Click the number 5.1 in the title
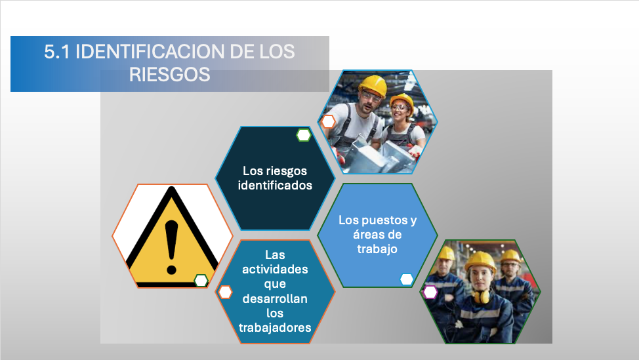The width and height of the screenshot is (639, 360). pyautogui.click(x=57, y=52)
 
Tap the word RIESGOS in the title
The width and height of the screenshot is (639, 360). pyautogui.click(x=169, y=75)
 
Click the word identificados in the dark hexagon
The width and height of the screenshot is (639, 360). pyautogui.click(x=275, y=186)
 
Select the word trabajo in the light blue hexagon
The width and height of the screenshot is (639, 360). pyautogui.click(x=377, y=249)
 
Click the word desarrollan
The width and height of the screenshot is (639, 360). pyautogui.click(x=275, y=298)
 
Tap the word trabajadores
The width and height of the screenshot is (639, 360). pyautogui.click(x=275, y=327)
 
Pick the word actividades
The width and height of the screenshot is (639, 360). pyautogui.click(x=275, y=270)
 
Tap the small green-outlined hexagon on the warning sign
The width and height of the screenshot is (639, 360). pyautogui.click(x=201, y=281)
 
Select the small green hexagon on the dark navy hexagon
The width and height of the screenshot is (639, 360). pyautogui.click(x=304, y=135)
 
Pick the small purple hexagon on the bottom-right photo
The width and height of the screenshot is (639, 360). pyautogui.click(x=430, y=292)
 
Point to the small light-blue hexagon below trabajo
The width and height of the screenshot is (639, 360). pyautogui.click(x=406, y=279)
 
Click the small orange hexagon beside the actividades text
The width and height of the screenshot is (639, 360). pyautogui.click(x=225, y=292)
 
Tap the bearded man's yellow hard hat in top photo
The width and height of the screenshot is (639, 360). pyautogui.click(x=373, y=85)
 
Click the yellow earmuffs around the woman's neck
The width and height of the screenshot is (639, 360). pyautogui.click(x=481, y=296)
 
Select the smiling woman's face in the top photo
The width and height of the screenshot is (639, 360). pyautogui.click(x=399, y=110)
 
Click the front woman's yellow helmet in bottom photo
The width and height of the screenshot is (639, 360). pyautogui.click(x=481, y=260)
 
